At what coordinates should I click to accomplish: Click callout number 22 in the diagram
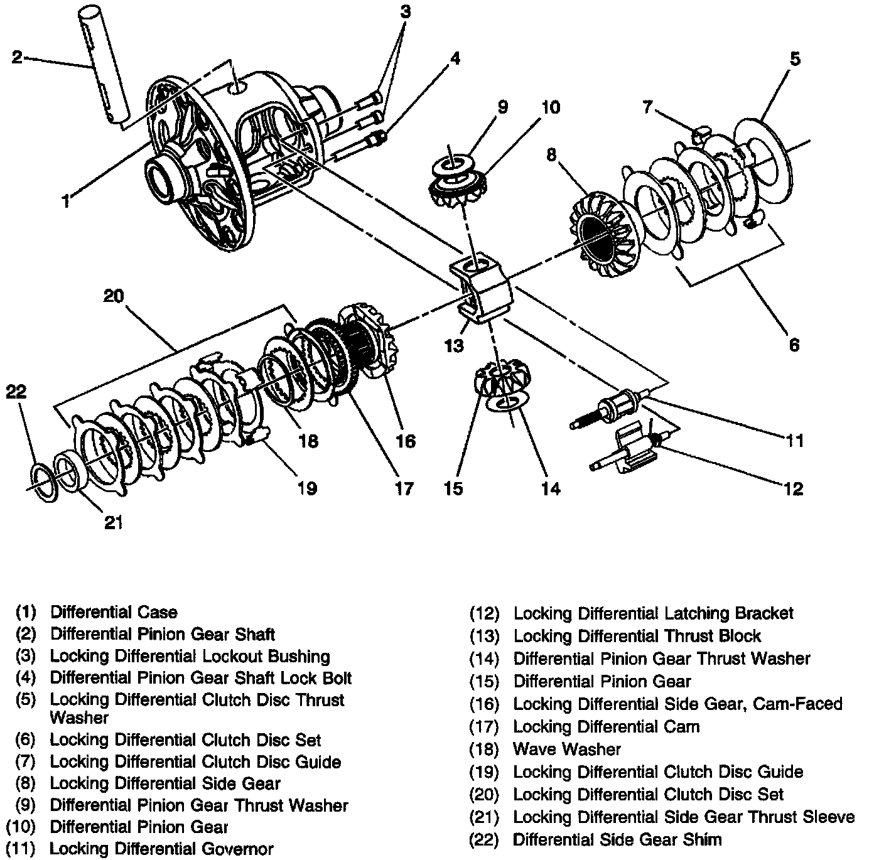pyautogui.click(x=16, y=392)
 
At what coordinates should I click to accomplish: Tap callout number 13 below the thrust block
pyautogui.click(x=454, y=345)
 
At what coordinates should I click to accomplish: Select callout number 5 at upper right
pyautogui.click(x=794, y=59)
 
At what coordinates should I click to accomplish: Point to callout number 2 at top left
pyautogui.click(x=17, y=58)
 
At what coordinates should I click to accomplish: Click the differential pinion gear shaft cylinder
pyautogui.click(x=104, y=63)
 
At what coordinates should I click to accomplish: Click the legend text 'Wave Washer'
pyautogui.click(x=566, y=749)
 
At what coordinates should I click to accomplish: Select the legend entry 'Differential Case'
pyautogui.click(x=114, y=612)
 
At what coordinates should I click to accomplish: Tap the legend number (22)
pyautogui.click(x=484, y=839)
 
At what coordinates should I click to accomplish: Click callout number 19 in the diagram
pyautogui.click(x=307, y=488)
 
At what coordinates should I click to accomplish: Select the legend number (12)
pyautogui.click(x=484, y=613)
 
